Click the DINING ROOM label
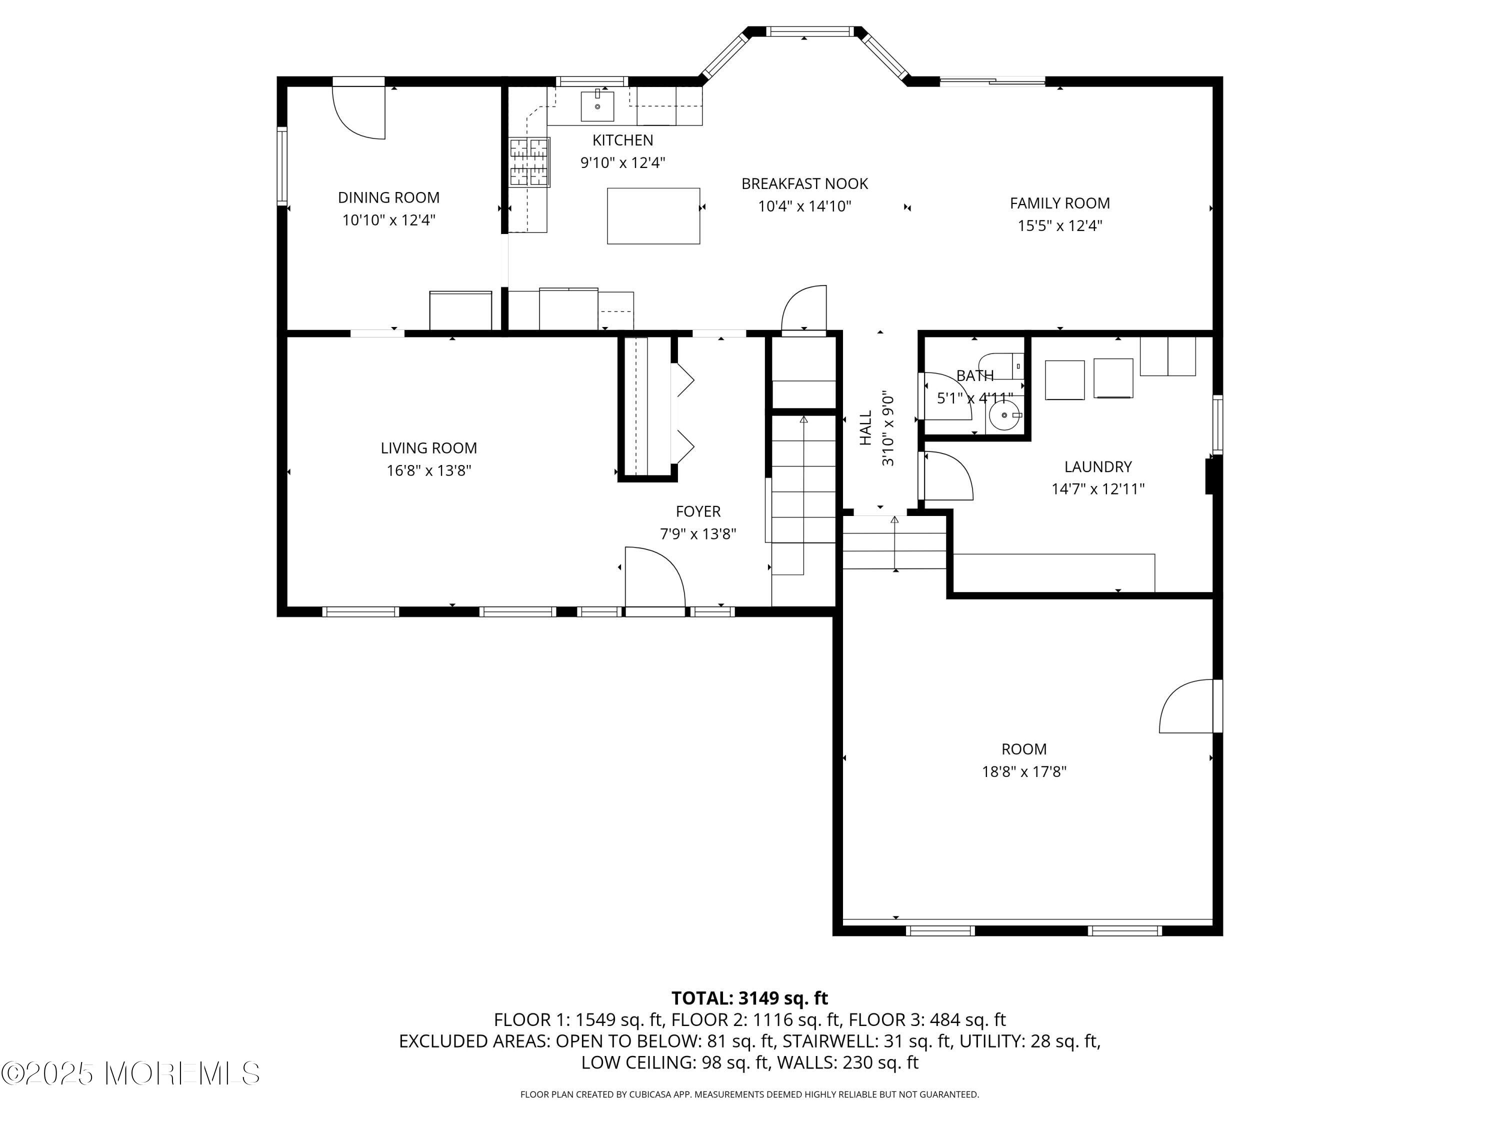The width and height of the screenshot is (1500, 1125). (388, 197)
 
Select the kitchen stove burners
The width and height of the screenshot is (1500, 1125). (529, 161)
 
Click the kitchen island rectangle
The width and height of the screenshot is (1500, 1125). (653, 215)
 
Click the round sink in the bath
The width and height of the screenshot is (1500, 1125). (1003, 415)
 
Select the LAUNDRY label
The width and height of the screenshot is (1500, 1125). (1098, 466)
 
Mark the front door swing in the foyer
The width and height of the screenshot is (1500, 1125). (655, 576)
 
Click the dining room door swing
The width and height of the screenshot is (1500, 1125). (358, 112)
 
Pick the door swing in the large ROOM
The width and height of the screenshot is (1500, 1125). (1186, 706)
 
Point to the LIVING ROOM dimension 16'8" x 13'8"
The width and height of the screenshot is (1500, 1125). (428, 470)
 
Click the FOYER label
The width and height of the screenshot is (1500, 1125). (698, 511)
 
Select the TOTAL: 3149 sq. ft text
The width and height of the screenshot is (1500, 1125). (749, 998)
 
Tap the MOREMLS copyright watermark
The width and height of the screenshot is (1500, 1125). (130, 1073)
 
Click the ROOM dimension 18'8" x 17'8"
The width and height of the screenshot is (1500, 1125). (1024, 771)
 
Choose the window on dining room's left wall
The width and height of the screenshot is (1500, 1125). (282, 165)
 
